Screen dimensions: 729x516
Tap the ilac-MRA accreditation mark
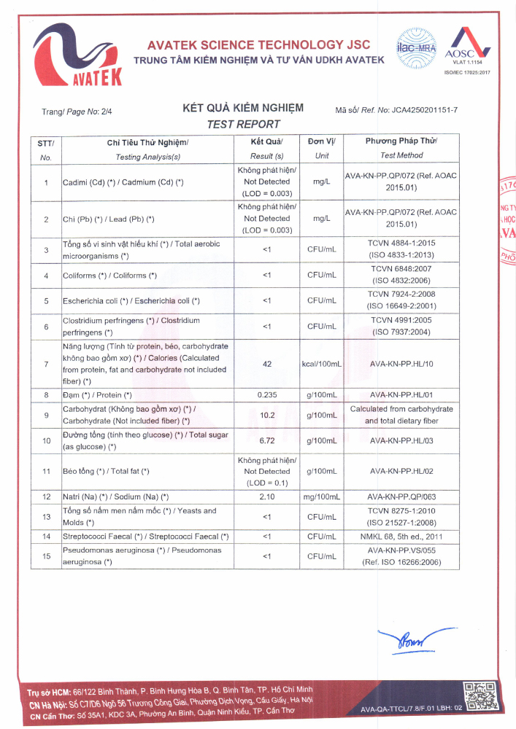415,44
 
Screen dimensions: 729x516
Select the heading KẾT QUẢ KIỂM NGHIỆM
243,109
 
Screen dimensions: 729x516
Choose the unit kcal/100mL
322,363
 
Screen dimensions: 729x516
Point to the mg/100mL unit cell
322,497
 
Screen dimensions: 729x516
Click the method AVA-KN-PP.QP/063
401,497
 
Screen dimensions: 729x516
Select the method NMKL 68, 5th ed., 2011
401,537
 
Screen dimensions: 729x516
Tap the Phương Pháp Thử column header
401,141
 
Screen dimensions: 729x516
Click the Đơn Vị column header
321,141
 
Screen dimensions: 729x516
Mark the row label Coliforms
109,276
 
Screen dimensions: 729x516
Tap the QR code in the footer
479,697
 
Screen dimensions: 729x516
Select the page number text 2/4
107,112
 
